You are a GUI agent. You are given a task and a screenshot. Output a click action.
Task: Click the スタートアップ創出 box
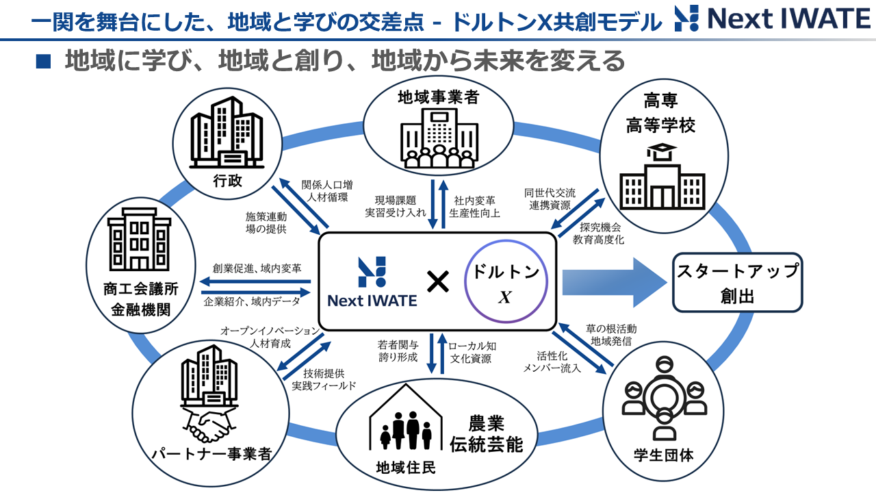737,281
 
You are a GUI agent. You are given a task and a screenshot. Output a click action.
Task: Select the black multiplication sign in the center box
437,281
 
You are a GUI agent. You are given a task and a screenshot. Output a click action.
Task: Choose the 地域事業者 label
438,98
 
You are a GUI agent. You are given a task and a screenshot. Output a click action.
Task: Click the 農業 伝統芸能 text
486,433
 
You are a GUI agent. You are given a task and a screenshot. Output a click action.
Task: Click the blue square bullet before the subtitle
43,62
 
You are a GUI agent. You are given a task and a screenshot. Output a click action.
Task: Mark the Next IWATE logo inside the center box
372,281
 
